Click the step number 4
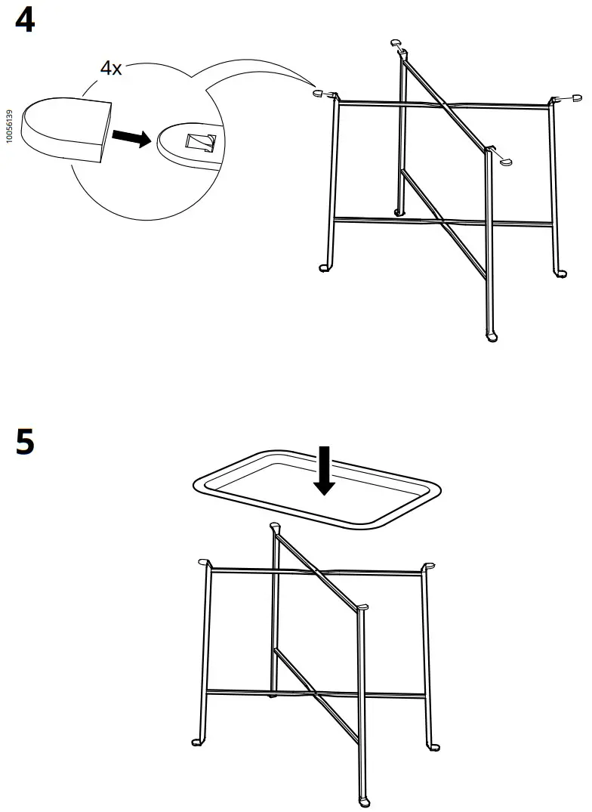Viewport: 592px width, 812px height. pyautogui.click(x=25, y=21)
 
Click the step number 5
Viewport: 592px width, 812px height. pyautogui.click(x=25, y=443)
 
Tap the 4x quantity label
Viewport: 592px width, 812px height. pyautogui.click(x=111, y=68)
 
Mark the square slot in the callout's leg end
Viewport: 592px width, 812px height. pyautogui.click(x=202, y=143)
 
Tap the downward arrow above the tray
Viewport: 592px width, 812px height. pyautogui.click(x=325, y=471)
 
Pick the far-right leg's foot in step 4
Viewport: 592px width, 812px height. pyautogui.click(x=560, y=272)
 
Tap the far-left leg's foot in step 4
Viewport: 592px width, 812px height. pyautogui.click(x=325, y=267)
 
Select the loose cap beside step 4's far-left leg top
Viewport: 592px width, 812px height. pyautogui.click(x=318, y=94)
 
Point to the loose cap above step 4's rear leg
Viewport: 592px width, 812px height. pyautogui.click(x=396, y=43)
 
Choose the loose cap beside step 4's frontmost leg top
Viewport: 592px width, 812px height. pyautogui.click(x=505, y=161)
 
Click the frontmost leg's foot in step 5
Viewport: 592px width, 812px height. pyautogui.click(x=364, y=801)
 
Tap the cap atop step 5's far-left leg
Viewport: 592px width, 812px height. pyautogui.click(x=202, y=563)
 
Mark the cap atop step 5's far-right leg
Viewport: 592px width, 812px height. pyautogui.click(x=429, y=565)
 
